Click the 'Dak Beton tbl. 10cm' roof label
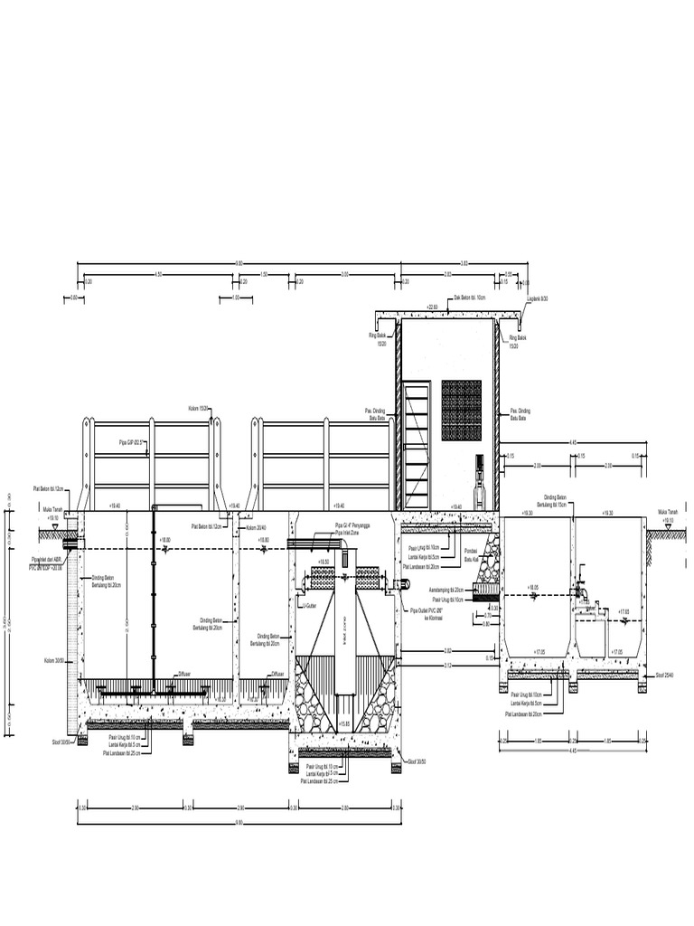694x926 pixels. tap(469, 297)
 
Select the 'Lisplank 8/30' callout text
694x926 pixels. tap(538, 297)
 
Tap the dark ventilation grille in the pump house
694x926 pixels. tap(461, 410)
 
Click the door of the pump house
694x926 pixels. tap(417, 446)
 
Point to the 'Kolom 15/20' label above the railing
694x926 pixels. tap(199, 409)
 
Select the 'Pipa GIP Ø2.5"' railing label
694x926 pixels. tap(132, 441)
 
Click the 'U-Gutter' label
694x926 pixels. tap(310, 606)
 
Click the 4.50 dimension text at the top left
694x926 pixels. tap(157, 274)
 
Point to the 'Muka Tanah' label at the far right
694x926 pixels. tap(668, 515)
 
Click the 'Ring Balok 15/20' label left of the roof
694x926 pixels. tap(378, 339)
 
